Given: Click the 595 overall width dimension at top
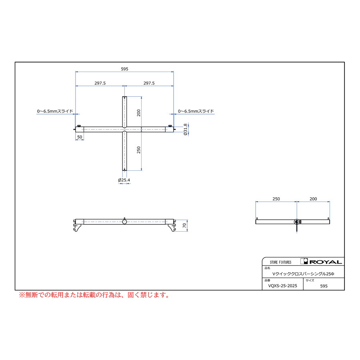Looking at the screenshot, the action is (x=124, y=69).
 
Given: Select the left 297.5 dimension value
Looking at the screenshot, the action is (x=100, y=83).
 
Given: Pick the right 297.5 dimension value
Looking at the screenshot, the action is (x=149, y=83).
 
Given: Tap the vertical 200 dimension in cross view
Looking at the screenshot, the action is (x=139, y=113).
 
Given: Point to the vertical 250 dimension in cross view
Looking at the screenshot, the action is (x=139, y=150).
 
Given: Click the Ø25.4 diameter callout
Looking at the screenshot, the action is (x=124, y=180).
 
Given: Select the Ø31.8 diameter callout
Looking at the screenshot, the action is (x=186, y=130).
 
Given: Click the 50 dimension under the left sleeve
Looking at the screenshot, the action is (x=80, y=137).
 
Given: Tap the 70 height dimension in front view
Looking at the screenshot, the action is (x=184, y=226).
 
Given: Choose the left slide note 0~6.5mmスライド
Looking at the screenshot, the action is (x=55, y=111).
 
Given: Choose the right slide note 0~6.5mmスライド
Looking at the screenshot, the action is (x=196, y=111).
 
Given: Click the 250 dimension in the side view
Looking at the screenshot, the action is (x=276, y=199).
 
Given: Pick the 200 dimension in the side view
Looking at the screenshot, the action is (x=313, y=199).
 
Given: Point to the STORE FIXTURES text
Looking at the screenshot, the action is (x=280, y=262).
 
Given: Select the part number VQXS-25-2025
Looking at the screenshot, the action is (x=283, y=286).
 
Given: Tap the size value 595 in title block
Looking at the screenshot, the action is (x=324, y=286).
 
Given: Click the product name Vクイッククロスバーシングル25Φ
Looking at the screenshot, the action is (x=303, y=274).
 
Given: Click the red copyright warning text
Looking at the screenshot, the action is (x=94, y=295).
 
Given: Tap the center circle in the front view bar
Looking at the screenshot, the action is (x=124, y=222).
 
